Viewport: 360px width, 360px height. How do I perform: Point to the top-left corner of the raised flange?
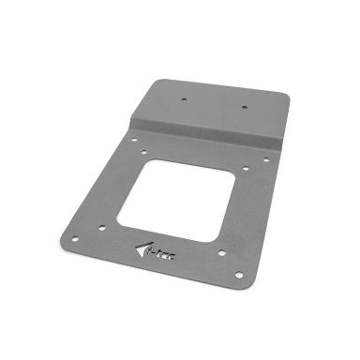click(x=156, y=80)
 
